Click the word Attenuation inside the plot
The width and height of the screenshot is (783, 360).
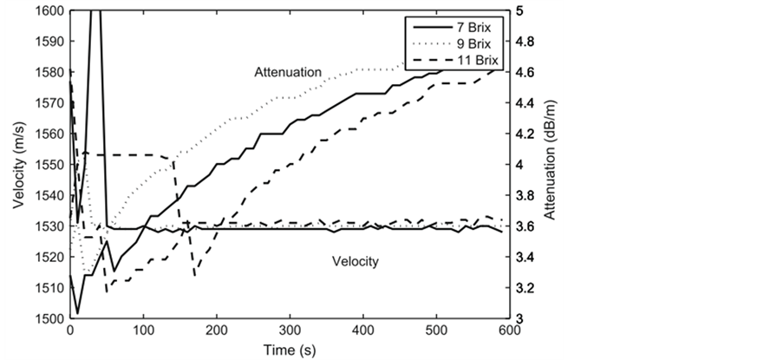click(288, 71)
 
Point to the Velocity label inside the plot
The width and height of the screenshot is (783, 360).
click(357, 260)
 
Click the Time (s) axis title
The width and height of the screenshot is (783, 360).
click(290, 348)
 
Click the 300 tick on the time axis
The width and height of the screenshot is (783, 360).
click(290, 331)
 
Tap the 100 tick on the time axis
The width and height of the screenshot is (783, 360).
click(143, 331)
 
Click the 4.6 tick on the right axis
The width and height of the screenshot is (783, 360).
click(526, 72)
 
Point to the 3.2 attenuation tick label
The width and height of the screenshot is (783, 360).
click(526, 287)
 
